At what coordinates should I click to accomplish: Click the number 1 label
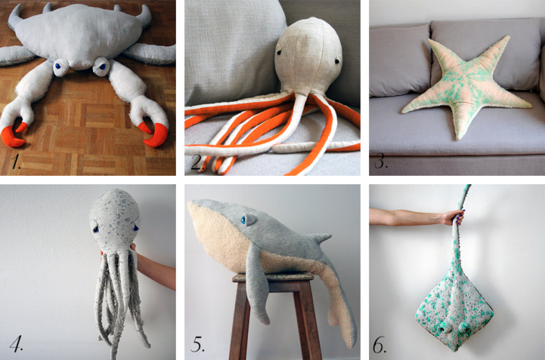point(15,161)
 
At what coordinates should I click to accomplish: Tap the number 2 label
point(197,163)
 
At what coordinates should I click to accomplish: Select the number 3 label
point(380,161)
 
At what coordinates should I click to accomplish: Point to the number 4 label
point(16,343)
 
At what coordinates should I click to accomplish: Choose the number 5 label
point(197,344)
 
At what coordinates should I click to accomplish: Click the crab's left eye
point(60,66)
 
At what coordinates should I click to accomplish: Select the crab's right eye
point(101,66)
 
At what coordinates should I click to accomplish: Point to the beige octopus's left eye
point(279,53)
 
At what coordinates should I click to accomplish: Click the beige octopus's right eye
point(336,61)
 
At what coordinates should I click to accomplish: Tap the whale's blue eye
point(243,220)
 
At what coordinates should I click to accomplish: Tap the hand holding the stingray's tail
point(455,218)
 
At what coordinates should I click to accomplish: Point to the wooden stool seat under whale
point(273,277)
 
